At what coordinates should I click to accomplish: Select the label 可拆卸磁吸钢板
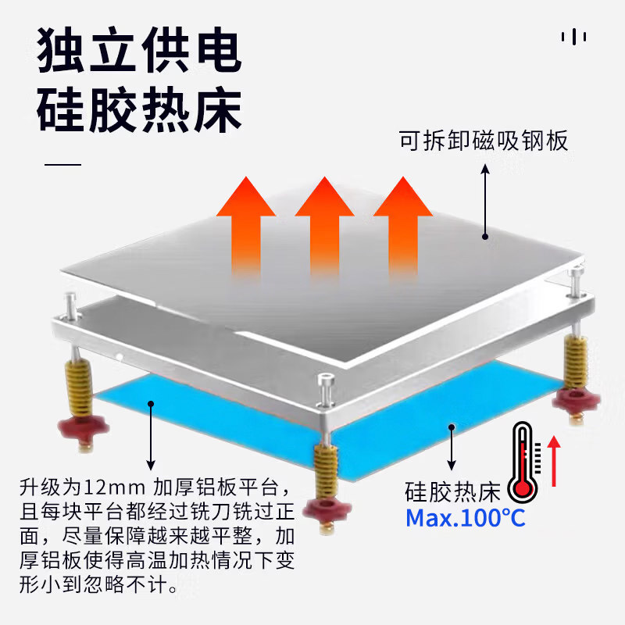tap(484, 142)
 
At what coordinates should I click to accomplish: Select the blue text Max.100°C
tap(466, 517)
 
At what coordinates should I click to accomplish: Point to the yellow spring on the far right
tap(576, 361)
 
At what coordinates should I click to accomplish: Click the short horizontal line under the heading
tap(63, 166)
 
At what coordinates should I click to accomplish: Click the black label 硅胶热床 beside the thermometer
tap(452, 493)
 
